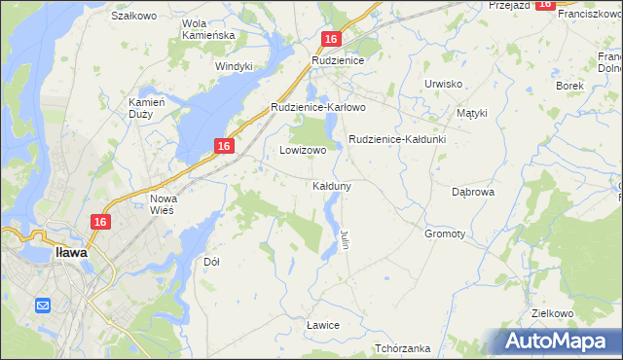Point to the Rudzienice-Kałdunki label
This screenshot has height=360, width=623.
(x=396, y=139)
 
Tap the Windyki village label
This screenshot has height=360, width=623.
(x=234, y=66)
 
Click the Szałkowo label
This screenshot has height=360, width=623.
(x=134, y=17)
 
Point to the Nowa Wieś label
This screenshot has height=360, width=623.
(x=164, y=204)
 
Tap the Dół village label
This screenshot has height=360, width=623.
(x=211, y=262)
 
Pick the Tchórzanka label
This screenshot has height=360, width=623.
(x=402, y=348)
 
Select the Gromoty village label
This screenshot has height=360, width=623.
(x=445, y=234)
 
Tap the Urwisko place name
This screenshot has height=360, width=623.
(x=443, y=84)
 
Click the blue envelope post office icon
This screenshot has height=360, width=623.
(x=43, y=306)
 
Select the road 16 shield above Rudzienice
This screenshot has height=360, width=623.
(x=331, y=39)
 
